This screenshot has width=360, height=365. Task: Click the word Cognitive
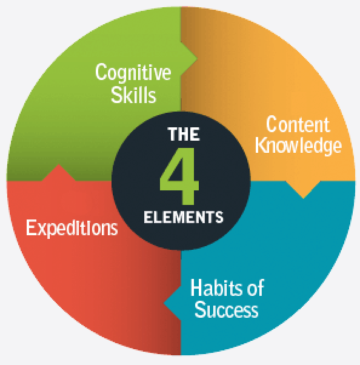(133, 73)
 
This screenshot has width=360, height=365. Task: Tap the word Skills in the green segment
(133, 95)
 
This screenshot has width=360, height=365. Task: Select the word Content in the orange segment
(298, 124)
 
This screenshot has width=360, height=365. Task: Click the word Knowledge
(298, 146)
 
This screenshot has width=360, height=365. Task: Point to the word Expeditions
(72, 228)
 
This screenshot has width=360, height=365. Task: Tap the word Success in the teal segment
(227, 309)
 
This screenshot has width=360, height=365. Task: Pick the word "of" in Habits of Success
(256, 287)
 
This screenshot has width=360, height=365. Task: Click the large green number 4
(179, 176)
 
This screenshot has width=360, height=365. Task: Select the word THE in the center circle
(184, 134)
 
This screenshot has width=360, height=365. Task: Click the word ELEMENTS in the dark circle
(184, 217)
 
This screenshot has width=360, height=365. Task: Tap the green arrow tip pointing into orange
(198, 59)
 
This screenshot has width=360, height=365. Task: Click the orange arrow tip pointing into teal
(303, 198)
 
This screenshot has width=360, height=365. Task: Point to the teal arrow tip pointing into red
(164, 303)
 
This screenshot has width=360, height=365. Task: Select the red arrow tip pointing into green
(59, 164)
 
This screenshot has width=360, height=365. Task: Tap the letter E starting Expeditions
(31, 227)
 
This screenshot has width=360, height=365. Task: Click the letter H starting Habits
(196, 287)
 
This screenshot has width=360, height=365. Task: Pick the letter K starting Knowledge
(261, 145)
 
